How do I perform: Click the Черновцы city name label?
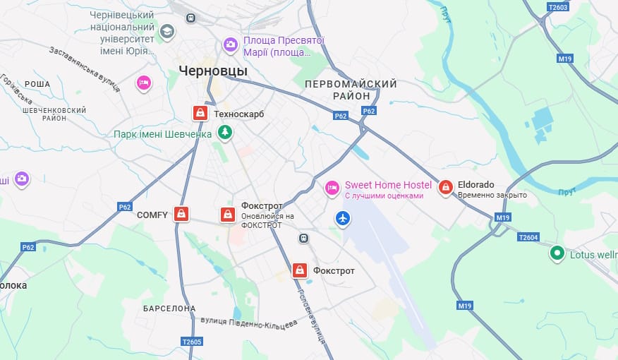(x=213, y=71)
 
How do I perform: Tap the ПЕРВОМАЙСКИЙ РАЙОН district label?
(x=351, y=90)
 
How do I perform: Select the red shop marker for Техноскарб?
(x=200, y=113)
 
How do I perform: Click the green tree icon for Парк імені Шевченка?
(x=225, y=132)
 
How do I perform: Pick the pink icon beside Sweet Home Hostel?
(x=332, y=188)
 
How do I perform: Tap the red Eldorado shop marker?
(x=445, y=187)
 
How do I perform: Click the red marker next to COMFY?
(x=181, y=214)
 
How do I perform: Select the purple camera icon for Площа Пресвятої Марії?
(x=230, y=45)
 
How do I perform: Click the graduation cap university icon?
(x=166, y=31)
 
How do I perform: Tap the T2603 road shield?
(x=557, y=7)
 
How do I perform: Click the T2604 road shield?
(x=528, y=237)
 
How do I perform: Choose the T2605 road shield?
(x=191, y=342)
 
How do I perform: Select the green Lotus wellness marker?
(x=557, y=252)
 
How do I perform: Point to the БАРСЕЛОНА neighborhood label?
(x=169, y=308)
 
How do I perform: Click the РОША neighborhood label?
(x=37, y=83)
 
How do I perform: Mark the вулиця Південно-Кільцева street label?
(x=249, y=322)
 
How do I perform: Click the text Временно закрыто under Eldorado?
(x=492, y=195)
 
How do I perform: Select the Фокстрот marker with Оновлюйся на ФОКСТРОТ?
(x=227, y=214)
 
